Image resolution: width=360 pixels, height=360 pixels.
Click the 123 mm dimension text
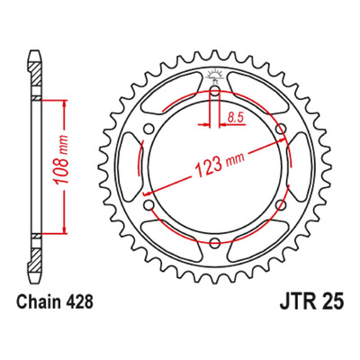pos(220,163)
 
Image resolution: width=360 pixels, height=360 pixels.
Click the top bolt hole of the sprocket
pos(214,91)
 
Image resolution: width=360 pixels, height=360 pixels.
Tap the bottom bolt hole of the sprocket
pos(214,243)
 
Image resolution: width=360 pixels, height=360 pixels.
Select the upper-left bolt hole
pos(148,130)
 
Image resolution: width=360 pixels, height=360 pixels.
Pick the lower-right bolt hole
pos(281,205)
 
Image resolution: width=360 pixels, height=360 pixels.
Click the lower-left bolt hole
pos(148,205)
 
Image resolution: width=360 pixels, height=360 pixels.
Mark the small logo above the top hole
pos(214,76)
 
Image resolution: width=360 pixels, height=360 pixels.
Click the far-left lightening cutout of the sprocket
pos(128,166)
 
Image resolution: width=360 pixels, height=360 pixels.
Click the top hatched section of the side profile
pos(36,74)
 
